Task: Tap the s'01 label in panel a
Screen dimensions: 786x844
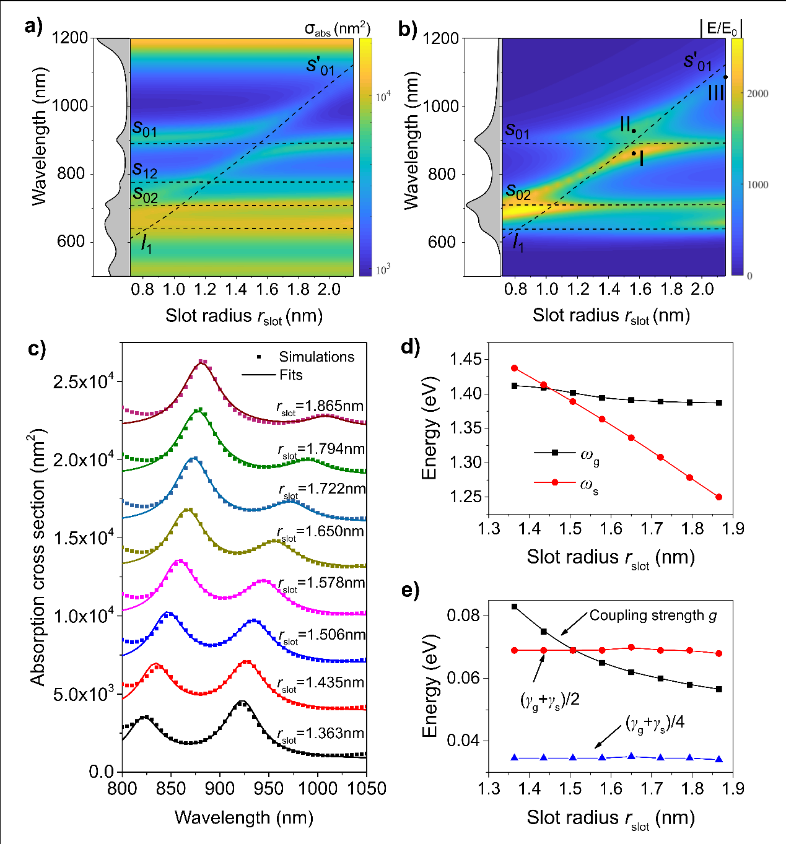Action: tap(320, 66)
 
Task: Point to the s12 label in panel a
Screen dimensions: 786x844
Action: tap(144, 170)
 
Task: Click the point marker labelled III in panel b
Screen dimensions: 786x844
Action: tap(726, 77)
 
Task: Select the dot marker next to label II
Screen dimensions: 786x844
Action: tap(634, 131)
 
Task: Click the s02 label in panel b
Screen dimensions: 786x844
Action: tap(518, 192)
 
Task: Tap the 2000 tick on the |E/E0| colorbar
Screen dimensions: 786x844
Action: tap(758, 94)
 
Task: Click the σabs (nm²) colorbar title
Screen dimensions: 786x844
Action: tap(338, 29)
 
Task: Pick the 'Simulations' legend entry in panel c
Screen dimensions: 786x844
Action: tap(317, 357)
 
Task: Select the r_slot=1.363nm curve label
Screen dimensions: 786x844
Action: tap(320, 734)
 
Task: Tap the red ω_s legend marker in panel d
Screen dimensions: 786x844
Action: tap(555, 482)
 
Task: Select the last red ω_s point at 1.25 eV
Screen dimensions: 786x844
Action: tap(719, 497)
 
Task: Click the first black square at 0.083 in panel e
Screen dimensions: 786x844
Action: tap(514, 606)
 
